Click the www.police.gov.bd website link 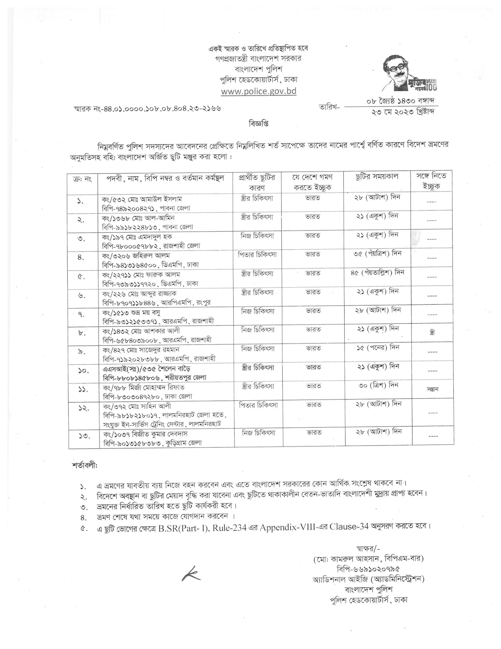tap(259, 91)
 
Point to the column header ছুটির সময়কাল tap(377, 177)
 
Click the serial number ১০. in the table tap(83, 371)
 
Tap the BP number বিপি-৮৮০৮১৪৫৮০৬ tap(132, 378)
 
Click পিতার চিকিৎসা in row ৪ tap(257, 255)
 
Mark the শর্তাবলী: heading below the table tap(84, 465)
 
